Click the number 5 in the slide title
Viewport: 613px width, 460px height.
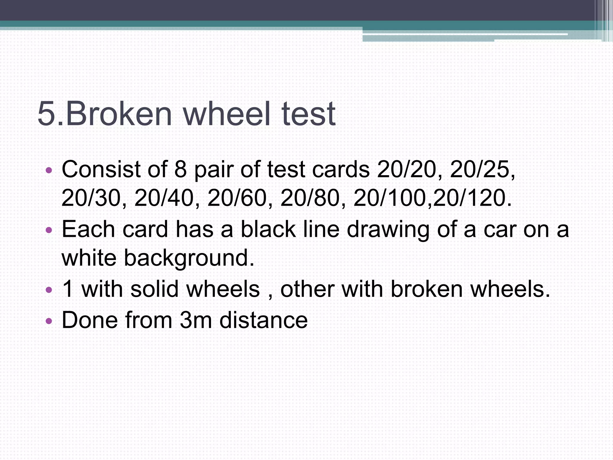(48, 114)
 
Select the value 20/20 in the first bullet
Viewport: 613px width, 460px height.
(406, 170)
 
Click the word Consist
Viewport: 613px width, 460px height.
(101, 170)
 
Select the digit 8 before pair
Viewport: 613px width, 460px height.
(180, 170)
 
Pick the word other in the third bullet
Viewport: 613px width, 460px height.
(307, 289)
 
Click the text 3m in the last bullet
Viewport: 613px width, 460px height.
(196, 320)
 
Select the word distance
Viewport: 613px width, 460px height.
(263, 320)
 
